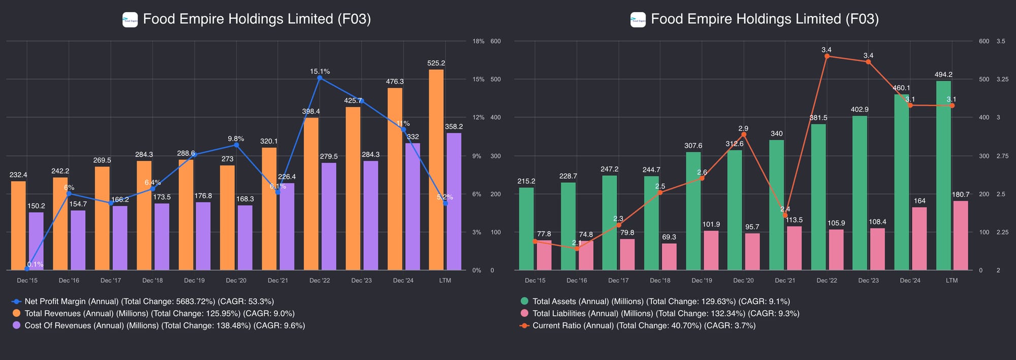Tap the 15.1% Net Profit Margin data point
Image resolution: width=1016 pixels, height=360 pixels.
320,78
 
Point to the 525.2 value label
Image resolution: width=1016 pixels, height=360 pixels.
436,63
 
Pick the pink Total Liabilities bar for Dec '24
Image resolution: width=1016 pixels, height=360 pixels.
919,239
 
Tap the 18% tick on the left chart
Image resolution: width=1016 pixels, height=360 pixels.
478,41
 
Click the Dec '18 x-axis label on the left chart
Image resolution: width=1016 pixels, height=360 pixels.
152,280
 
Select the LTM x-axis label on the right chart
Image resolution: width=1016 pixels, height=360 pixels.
951,280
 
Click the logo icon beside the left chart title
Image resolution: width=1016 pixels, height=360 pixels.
130,20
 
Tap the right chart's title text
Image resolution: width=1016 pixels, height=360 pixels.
765,19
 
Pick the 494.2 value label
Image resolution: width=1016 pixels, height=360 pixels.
943,75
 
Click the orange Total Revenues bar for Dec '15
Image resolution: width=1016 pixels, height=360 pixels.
18,226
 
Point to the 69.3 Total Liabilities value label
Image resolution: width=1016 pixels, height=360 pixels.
669,237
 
